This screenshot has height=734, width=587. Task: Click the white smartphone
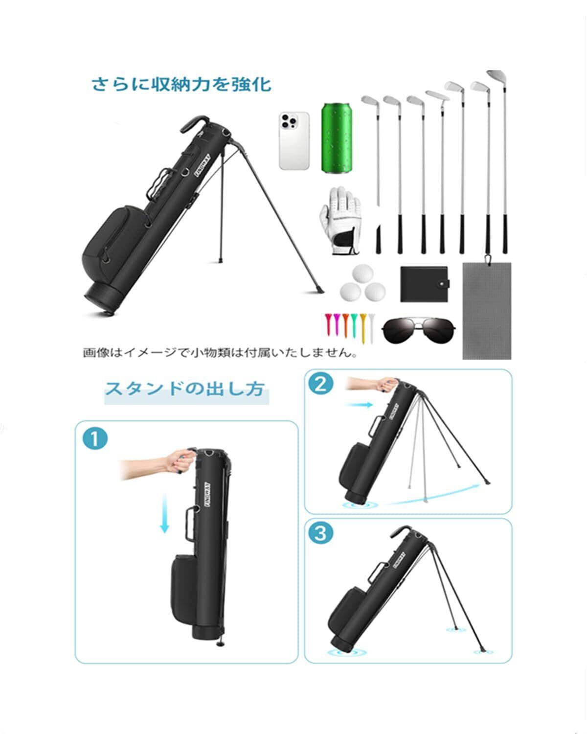pos(294,141)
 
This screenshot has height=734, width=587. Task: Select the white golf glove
pos(339,223)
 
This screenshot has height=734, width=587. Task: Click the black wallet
pos(424,284)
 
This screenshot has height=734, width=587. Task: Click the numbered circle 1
pos(95,438)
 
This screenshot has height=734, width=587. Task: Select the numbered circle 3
pos(320,533)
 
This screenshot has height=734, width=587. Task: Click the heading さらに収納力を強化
pos(181,84)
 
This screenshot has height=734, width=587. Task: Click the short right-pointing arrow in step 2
pos(359,405)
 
